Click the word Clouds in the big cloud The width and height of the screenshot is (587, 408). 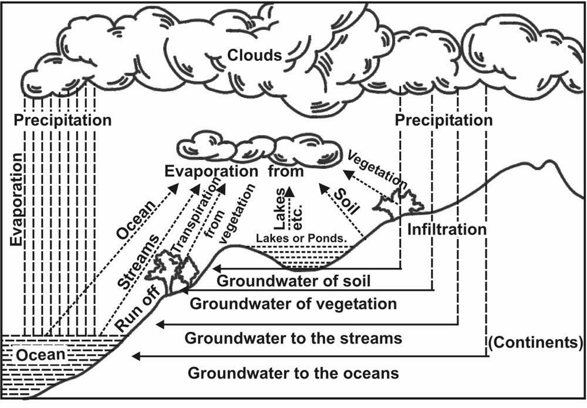point(255,56)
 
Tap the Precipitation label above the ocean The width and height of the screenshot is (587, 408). point(63,121)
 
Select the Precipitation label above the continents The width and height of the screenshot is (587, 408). point(444,121)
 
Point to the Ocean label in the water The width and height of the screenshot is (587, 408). point(41,355)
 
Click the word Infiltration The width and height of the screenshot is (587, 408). point(447,229)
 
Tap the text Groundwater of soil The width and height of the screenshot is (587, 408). point(294,280)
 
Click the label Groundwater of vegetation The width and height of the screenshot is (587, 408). point(293,304)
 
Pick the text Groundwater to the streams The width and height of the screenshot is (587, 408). point(293,338)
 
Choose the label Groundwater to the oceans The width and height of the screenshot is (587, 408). point(293,373)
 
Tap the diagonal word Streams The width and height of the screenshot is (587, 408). point(139,261)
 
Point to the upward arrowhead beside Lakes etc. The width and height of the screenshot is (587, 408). point(289,189)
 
